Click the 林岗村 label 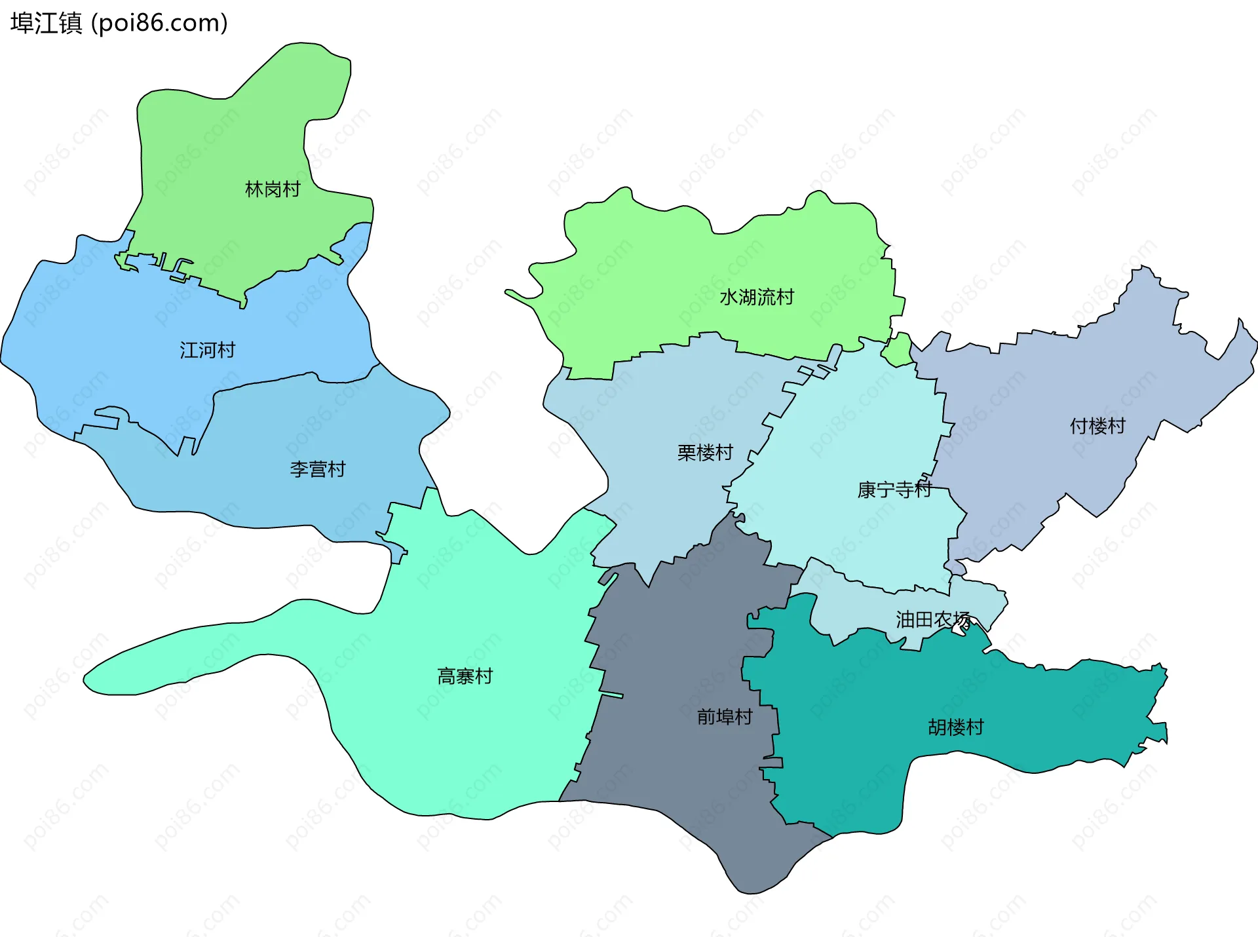point(273,189)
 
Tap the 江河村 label point(207,350)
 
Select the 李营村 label point(317,469)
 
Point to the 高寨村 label point(465,676)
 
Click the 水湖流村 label point(757,297)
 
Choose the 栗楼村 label point(705,453)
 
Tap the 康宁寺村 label point(894,489)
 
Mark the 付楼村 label point(1097,427)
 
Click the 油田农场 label point(933,619)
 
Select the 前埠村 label point(725,717)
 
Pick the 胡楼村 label point(956,727)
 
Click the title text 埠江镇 point(47,23)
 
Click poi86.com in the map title point(160,23)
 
